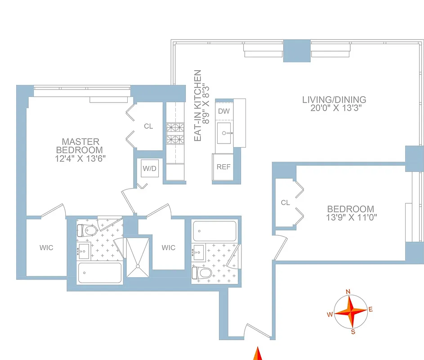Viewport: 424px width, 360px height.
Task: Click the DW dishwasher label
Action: [223, 111]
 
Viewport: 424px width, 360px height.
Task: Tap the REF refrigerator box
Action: [223, 167]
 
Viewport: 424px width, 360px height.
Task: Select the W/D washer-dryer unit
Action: [149, 169]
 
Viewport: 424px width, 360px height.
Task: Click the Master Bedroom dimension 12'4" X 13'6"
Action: [81, 158]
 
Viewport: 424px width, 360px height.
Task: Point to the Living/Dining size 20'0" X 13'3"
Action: [334, 108]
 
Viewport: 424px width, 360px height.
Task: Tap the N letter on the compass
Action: [348, 292]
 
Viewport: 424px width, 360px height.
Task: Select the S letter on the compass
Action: [353, 332]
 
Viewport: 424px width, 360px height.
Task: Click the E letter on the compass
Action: [370, 309]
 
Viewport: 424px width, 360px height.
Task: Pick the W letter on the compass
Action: [330, 314]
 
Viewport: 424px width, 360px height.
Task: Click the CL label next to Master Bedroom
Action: [148, 126]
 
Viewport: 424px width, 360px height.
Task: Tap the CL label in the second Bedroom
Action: [286, 203]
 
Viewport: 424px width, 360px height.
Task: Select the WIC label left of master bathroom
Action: [46, 248]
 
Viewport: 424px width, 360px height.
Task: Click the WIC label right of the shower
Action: [169, 247]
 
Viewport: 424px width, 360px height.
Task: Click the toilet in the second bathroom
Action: [202, 273]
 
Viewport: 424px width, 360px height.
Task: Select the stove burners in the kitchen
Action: [173, 133]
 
